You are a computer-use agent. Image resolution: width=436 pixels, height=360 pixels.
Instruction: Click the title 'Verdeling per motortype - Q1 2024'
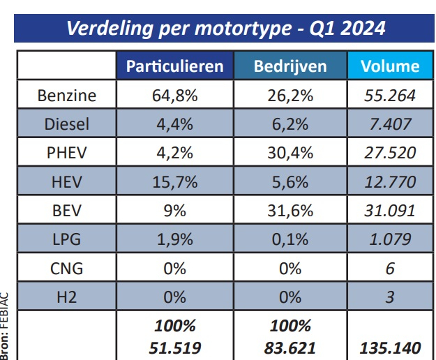coord(225,29)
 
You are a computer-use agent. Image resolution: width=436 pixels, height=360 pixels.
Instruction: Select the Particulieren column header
coord(174,66)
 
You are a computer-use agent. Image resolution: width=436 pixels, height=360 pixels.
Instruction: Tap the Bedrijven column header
coord(290,66)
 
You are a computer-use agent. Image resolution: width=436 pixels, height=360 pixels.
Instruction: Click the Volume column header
coord(390,66)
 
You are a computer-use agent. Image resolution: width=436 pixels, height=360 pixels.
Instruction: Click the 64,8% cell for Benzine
coord(175,96)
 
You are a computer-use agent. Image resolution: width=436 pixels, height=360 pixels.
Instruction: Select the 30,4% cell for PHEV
coord(290,153)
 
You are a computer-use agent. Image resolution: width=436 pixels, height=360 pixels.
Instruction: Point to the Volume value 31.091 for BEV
coord(390,211)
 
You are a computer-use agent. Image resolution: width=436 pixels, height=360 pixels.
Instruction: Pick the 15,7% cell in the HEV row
coord(175,183)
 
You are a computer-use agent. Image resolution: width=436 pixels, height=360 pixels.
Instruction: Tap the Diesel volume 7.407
coord(390,125)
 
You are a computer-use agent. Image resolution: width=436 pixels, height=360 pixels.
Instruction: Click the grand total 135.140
coord(390,347)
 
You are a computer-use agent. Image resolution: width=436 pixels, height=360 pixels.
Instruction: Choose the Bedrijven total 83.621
coord(290,347)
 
